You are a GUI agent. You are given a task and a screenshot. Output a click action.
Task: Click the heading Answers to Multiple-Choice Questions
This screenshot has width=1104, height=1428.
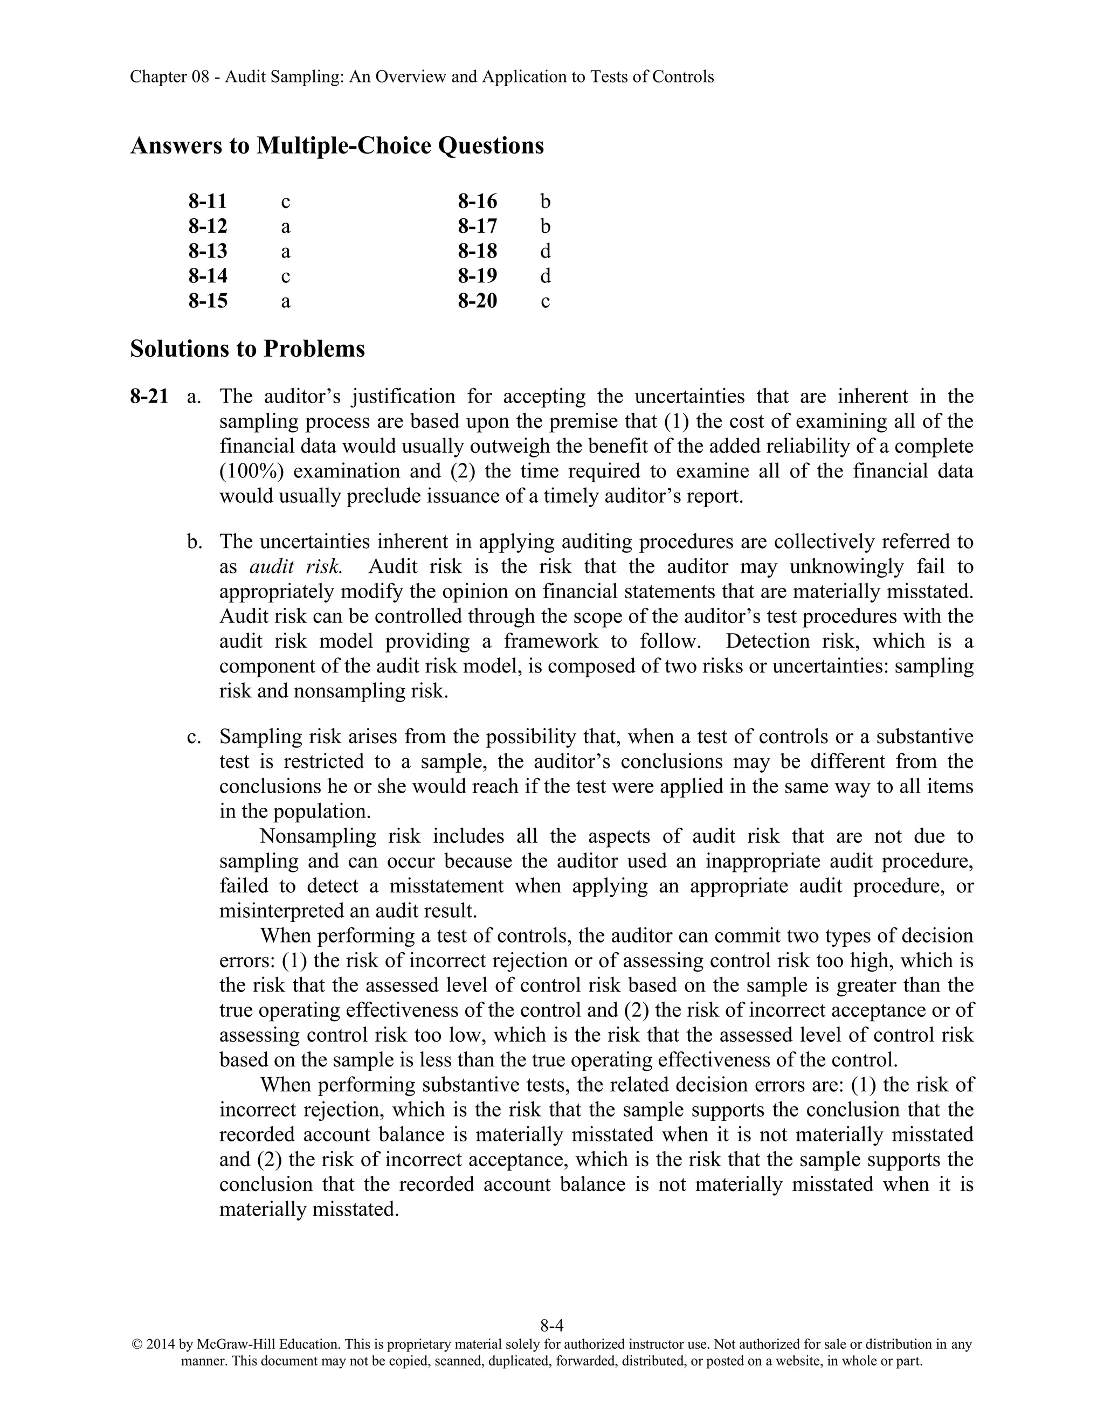(x=337, y=145)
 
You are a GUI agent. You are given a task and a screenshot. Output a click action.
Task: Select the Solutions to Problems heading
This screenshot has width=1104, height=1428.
(x=247, y=349)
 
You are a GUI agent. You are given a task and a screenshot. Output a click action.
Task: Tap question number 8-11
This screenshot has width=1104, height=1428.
(x=208, y=202)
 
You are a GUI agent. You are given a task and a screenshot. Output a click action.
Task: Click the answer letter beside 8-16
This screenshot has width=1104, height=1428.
(x=545, y=202)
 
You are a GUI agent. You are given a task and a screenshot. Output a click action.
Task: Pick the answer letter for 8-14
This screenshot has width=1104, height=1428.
(x=285, y=276)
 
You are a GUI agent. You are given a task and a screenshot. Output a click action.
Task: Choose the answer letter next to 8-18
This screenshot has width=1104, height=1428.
(x=545, y=251)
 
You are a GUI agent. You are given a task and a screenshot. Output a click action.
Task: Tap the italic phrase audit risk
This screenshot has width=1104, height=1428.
(x=295, y=566)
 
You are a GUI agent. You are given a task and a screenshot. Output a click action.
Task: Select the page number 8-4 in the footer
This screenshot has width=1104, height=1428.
(x=551, y=1326)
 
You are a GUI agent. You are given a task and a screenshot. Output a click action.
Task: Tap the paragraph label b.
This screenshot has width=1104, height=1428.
(x=194, y=542)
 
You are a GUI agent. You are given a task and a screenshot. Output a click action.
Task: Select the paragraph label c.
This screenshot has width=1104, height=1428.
(x=194, y=737)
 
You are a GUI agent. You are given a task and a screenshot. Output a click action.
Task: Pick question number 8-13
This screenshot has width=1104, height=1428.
(x=208, y=251)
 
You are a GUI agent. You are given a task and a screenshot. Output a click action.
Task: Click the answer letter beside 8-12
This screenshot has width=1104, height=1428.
(x=285, y=227)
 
